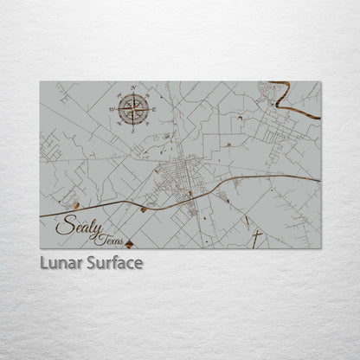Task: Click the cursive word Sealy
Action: coord(76,227)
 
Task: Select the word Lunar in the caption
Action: coord(58,261)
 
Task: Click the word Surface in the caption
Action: coord(112,261)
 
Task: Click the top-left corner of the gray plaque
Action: coord(40,81)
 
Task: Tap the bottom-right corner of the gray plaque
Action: coord(320,248)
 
